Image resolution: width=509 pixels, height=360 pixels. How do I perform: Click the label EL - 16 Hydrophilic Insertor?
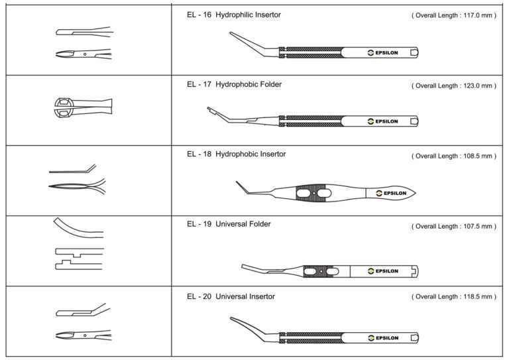click(234, 15)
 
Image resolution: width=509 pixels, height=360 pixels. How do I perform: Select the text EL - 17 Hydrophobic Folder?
click(234, 84)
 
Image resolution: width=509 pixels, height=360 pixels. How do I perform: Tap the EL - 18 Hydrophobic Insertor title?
click(237, 154)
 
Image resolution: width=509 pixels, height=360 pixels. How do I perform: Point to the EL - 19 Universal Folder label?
click(229, 224)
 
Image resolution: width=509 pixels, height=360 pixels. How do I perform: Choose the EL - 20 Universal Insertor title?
click(231, 296)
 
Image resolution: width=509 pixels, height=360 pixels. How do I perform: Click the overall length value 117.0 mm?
click(454, 15)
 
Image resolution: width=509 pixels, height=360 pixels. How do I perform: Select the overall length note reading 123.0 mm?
click(454, 86)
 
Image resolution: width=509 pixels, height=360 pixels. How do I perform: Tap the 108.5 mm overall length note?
click(454, 156)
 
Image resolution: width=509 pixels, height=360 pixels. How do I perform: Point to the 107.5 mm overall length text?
click(454, 226)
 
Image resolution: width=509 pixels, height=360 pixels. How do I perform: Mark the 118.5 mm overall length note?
click(454, 296)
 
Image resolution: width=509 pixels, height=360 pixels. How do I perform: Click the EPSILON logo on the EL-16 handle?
click(382, 52)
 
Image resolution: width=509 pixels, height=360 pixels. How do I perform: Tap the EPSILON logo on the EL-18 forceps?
click(391, 193)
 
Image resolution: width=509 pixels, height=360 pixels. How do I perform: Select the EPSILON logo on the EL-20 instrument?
click(383, 338)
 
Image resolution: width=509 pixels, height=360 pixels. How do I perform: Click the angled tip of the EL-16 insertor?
click(231, 32)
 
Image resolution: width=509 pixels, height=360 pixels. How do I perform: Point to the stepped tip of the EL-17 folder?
click(210, 109)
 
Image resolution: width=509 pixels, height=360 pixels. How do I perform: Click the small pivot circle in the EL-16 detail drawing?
click(85, 54)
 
